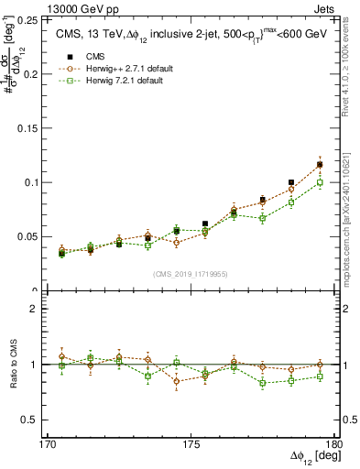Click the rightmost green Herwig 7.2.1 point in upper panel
coord(320,183)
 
